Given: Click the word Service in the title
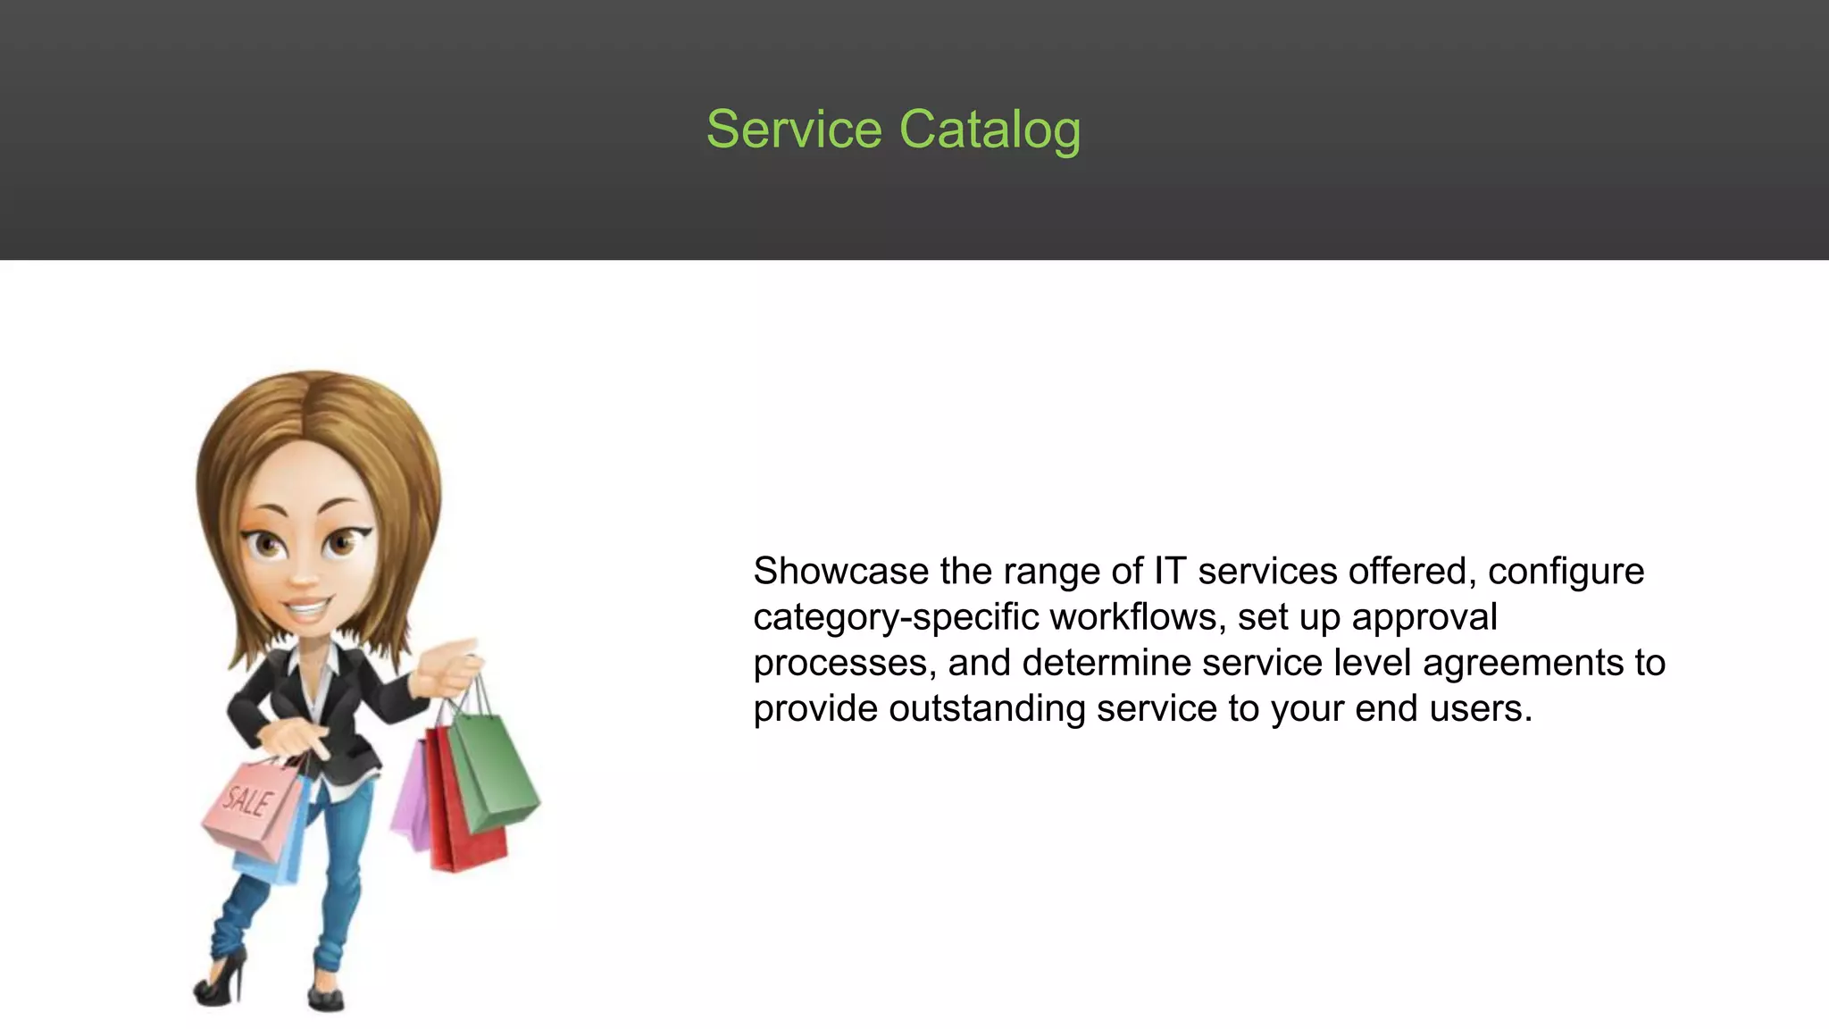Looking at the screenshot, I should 794,130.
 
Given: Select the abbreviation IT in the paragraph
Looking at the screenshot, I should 1169,572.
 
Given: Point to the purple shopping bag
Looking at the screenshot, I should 413,799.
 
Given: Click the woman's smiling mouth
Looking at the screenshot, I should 306,610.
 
